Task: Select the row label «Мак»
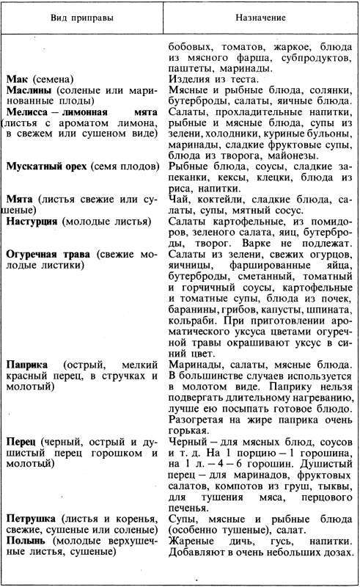tap(18, 79)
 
